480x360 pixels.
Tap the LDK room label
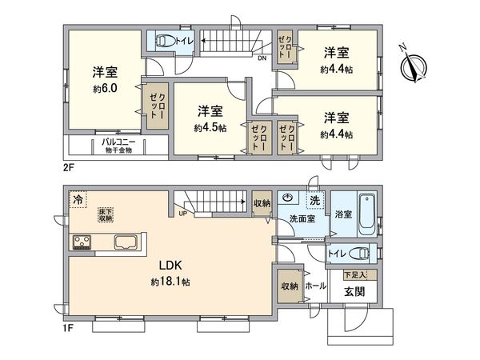click(x=169, y=266)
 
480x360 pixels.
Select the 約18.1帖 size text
click(x=169, y=282)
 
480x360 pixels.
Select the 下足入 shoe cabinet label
click(x=355, y=274)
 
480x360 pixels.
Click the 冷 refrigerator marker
click(x=78, y=198)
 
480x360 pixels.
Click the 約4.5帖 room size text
click(x=209, y=126)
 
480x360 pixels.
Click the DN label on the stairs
click(x=262, y=58)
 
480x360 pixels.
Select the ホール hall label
click(x=315, y=284)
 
